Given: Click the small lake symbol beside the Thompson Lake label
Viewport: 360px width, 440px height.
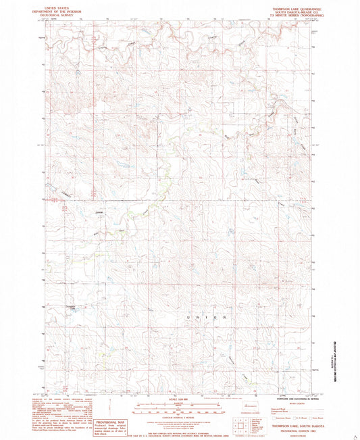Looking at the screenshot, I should [x=75, y=312].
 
